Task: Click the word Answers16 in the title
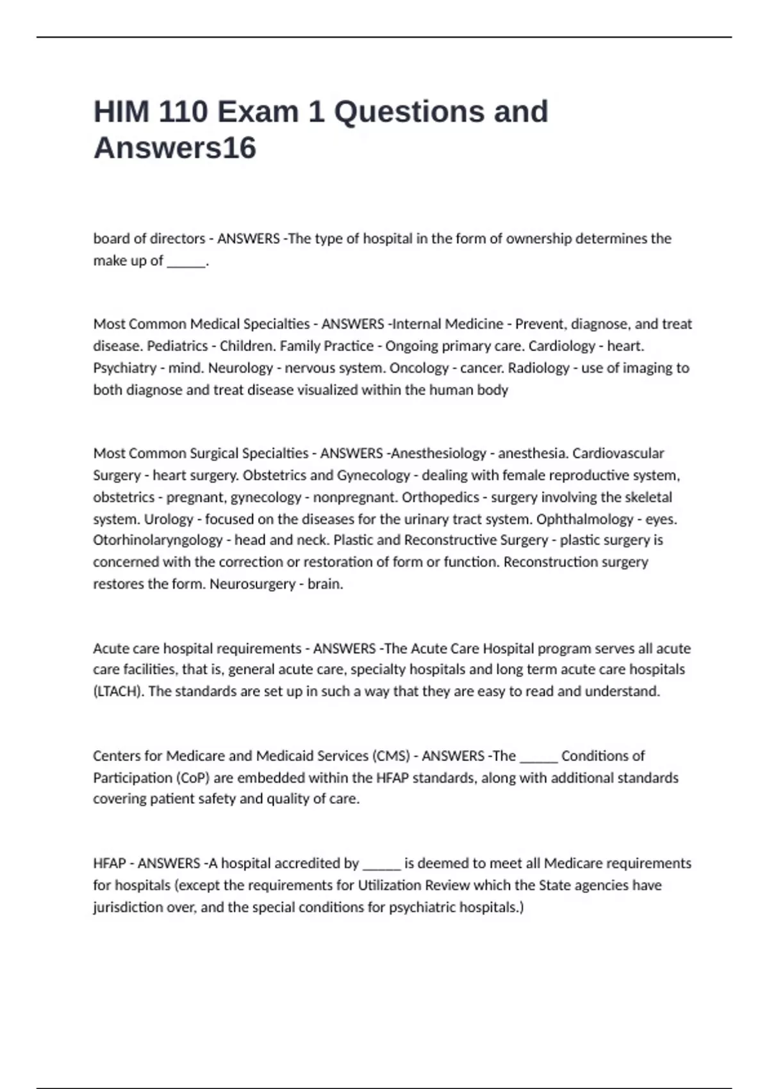tap(175, 148)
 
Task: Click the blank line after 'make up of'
tap(186, 261)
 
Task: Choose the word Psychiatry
tap(125, 368)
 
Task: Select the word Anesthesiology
tap(438, 454)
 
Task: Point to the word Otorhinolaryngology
tap(158, 540)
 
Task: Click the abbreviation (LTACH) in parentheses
tap(119, 692)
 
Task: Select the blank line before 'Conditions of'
tap(538, 757)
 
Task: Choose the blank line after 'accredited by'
tap(381, 865)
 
